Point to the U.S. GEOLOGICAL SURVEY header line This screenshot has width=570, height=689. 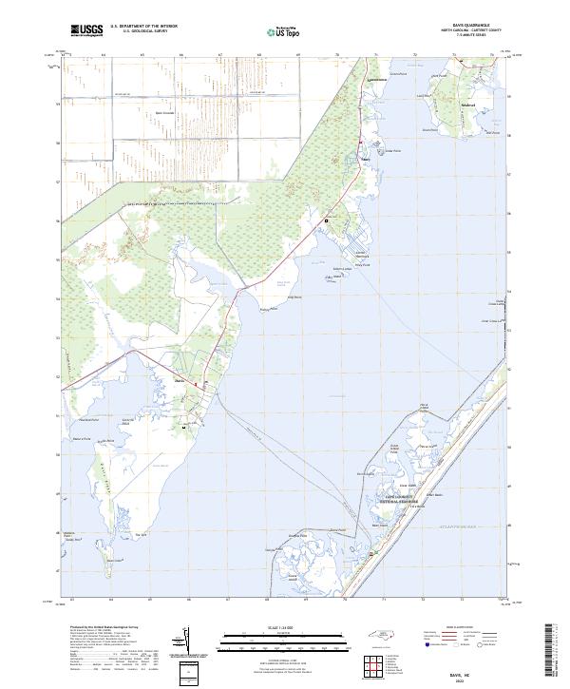tap(143, 31)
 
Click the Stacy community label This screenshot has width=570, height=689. tap(363, 159)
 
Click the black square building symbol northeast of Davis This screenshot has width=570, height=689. tap(327, 220)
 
